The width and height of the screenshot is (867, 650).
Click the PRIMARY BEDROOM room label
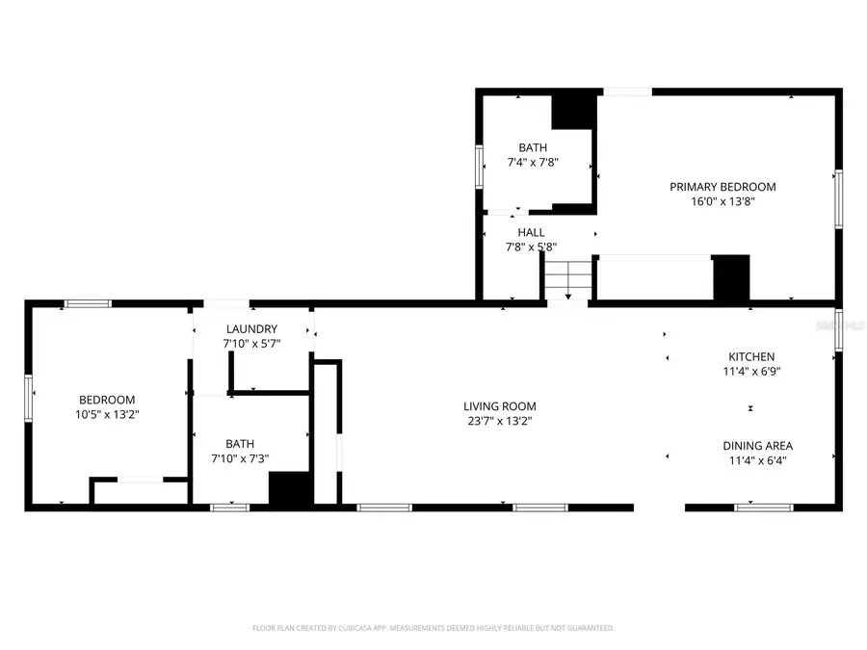click(722, 187)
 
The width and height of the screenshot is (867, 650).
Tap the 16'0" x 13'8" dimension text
click(722, 202)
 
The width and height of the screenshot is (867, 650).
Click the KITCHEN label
click(750, 356)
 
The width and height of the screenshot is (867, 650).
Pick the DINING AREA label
click(757, 446)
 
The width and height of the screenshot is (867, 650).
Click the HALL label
click(531, 232)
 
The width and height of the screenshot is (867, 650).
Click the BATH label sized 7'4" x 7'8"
click(533, 147)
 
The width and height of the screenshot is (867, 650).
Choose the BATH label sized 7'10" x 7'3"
click(240, 444)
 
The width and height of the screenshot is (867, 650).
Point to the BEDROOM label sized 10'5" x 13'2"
click(106, 400)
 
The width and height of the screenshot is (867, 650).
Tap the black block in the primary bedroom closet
click(730, 278)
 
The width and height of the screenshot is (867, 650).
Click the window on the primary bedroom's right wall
click(838, 199)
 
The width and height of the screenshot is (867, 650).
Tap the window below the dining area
click(763, 507)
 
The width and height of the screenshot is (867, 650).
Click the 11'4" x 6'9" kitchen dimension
click(750, 372)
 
